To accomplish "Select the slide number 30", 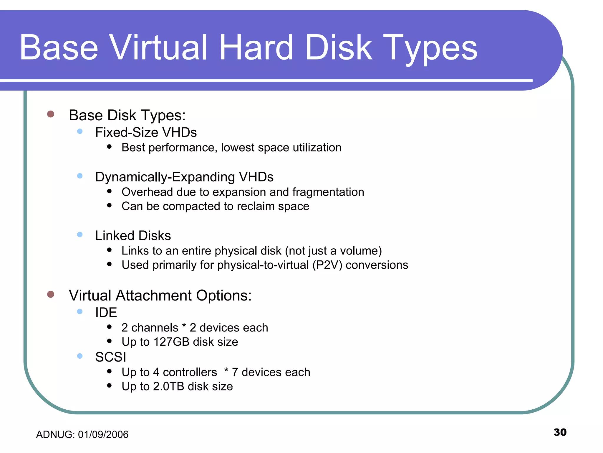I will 560,432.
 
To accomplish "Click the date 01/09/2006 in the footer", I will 103,434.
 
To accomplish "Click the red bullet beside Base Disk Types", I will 51,114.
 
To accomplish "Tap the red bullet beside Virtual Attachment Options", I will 51,294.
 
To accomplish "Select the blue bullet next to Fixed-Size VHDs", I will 80,132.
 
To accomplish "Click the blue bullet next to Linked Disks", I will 80,235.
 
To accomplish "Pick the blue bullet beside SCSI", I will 80,356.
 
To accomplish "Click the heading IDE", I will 106,313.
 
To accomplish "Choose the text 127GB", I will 171,342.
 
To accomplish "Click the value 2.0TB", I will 168,386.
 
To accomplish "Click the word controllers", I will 190,372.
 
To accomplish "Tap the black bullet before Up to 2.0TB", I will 110,385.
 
